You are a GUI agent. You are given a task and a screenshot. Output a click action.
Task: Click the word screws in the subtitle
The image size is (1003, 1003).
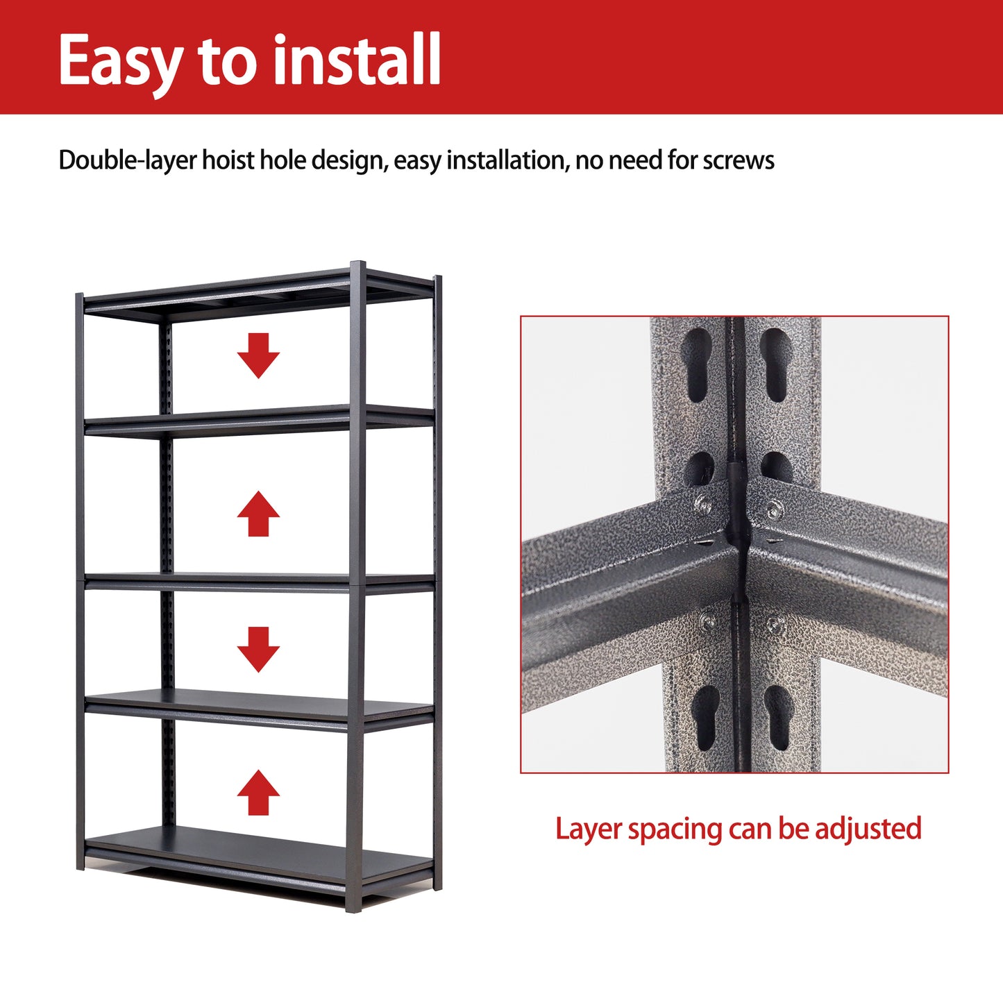click(739, 160)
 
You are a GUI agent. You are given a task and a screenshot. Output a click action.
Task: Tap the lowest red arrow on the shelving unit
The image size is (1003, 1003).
click(258, 792)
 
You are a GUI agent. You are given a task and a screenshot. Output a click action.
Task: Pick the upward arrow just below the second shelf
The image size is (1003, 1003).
click(258, 514)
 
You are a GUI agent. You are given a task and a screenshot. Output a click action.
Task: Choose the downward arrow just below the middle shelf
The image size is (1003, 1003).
click(258, 649)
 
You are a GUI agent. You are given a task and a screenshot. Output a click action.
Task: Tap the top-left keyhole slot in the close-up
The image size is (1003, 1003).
click(698, 365)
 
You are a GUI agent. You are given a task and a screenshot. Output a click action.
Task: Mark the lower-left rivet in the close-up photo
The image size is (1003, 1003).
click(709, 623)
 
